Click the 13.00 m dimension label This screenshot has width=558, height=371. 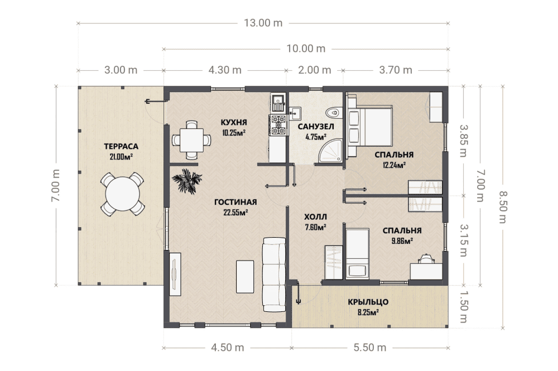coord(263,23)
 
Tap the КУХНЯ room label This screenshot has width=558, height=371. coord(234,123)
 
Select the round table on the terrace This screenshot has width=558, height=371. coord(122,194)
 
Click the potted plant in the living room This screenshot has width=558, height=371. coord(187,181)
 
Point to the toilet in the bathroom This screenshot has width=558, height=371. coord(334,112)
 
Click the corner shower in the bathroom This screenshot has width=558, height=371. coord(331,151)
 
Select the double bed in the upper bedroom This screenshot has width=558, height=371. coord(370,126)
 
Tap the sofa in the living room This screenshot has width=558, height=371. coord(274,274)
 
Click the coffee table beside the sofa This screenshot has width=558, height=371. coord(245,276)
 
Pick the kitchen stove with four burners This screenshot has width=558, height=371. coord(278,125)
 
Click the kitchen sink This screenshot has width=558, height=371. coord(277,103)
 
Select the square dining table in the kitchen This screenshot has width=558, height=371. coord(191,140)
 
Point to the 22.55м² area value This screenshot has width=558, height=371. coord(235,213)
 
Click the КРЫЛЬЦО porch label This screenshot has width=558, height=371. coord(368,302)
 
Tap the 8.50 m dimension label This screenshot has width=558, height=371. coord(503,207)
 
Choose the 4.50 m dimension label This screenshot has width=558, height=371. coord(228,348)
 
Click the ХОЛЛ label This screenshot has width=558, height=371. coord(315,217)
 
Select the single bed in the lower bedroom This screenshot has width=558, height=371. coord(358,253)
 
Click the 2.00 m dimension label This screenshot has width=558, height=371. coord(315,70)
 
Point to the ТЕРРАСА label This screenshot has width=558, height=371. coord(121,147)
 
